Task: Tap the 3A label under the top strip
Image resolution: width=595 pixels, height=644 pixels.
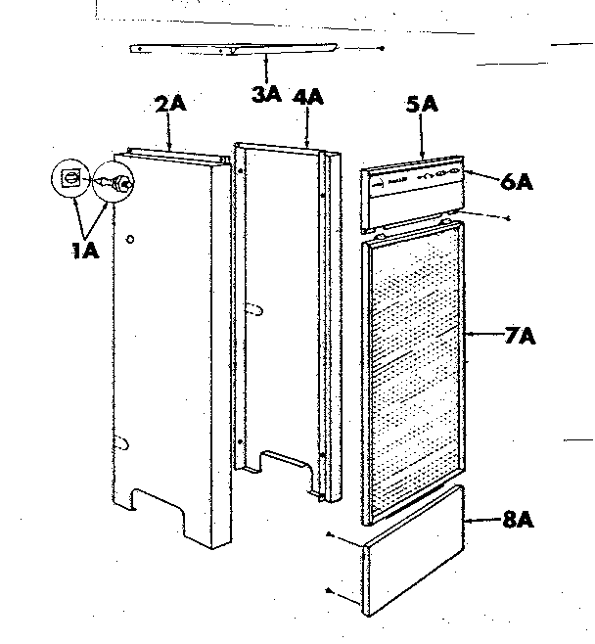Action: pos(266,95)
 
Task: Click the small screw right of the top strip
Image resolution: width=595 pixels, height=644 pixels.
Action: pos(383,48)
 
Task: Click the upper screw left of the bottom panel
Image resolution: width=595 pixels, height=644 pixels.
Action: pos(329,536)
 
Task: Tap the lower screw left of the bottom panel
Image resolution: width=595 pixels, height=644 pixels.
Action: pos(331,592)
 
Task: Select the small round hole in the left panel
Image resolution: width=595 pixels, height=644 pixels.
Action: pos(131,238)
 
